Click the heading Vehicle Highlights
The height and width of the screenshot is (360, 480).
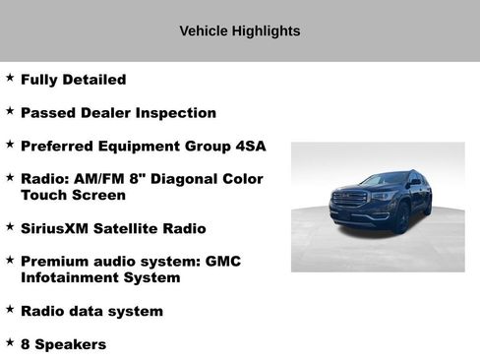point(239,31)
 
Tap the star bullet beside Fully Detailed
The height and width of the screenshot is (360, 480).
point(10,77)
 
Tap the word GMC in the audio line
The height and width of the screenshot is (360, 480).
point(222,262)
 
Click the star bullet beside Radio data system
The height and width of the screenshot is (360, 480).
point(10,309)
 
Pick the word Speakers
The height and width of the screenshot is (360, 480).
point(71,345)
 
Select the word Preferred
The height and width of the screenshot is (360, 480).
point(61,147)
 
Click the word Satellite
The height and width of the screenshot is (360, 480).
point(136,229)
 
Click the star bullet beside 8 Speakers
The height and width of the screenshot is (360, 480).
point(10,342)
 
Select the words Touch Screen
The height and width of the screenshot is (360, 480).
point(72,196)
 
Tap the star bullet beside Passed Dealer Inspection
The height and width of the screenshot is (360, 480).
point(10,110)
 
